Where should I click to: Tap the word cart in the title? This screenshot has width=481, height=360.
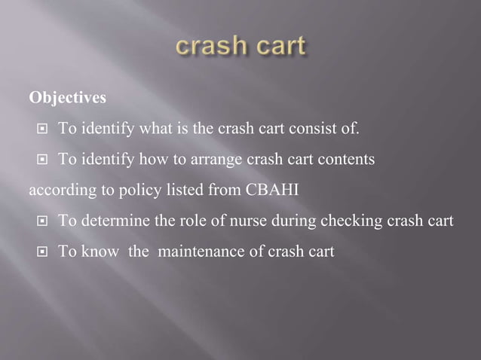pyautogui.click(x=279, y=47)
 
